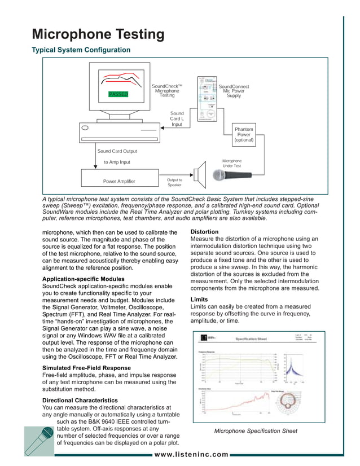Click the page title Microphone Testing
[x=98, y=34]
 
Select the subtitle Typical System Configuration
[x=81, y=50]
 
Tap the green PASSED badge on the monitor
[x=118, y=95]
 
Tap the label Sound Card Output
[x=117, y=151]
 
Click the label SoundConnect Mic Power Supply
[x=234, y=91]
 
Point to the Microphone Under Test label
[x=232, y=164]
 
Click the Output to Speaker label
[x=174, y=182]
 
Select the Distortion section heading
[x=205, y=232]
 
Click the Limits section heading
[x=199, y=300]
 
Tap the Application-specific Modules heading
[x=84, y=279]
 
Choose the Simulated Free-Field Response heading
[x=86, y=368]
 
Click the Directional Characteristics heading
[x=80, y=400]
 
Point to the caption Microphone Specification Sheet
[x=256, y=431]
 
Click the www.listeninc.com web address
[x=191, y=454]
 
